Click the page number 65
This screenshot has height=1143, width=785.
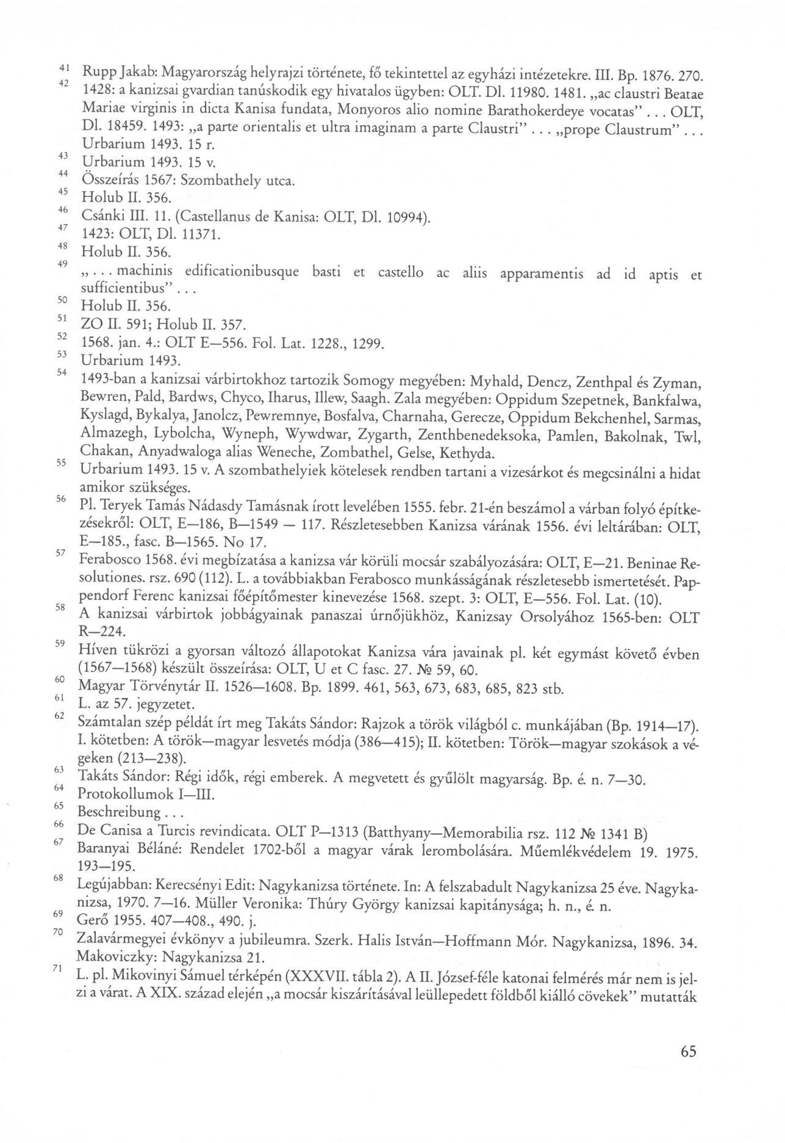point(686,1051)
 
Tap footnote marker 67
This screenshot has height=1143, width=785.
point(59,843)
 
